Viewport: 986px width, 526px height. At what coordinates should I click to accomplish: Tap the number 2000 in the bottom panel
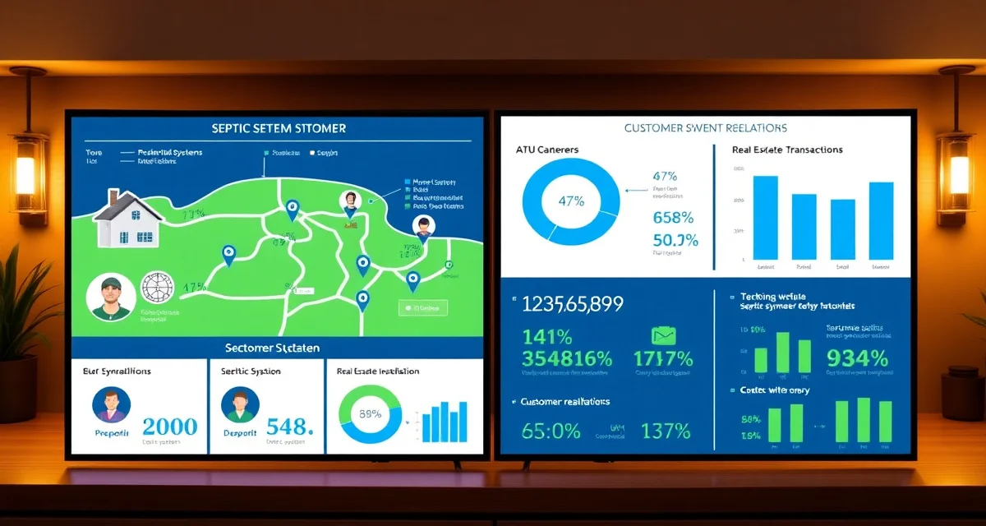170,427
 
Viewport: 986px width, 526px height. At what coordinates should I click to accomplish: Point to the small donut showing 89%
370,414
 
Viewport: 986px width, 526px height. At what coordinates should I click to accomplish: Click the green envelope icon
663,335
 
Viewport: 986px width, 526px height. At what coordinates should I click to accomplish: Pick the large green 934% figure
856,358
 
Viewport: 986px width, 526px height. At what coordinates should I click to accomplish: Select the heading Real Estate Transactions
787,150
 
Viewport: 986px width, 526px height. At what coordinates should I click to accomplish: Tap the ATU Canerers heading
547,150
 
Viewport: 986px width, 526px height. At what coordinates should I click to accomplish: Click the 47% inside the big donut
571,201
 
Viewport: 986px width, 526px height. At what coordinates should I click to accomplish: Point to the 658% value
673,218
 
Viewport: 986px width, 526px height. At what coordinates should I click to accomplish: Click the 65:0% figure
551,430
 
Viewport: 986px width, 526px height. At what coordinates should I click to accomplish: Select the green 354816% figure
567,359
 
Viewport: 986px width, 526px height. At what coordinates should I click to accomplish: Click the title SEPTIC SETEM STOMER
279,129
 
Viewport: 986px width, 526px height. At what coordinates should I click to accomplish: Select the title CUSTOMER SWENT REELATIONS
706,128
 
